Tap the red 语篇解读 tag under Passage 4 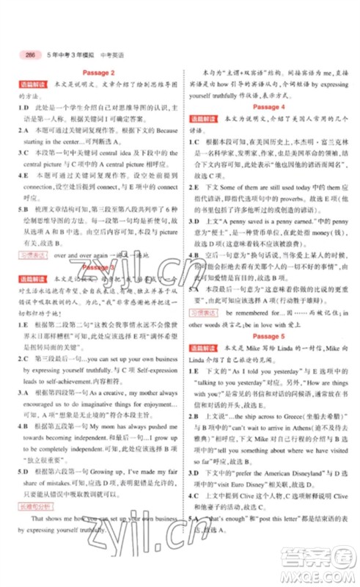coord(206,118)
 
